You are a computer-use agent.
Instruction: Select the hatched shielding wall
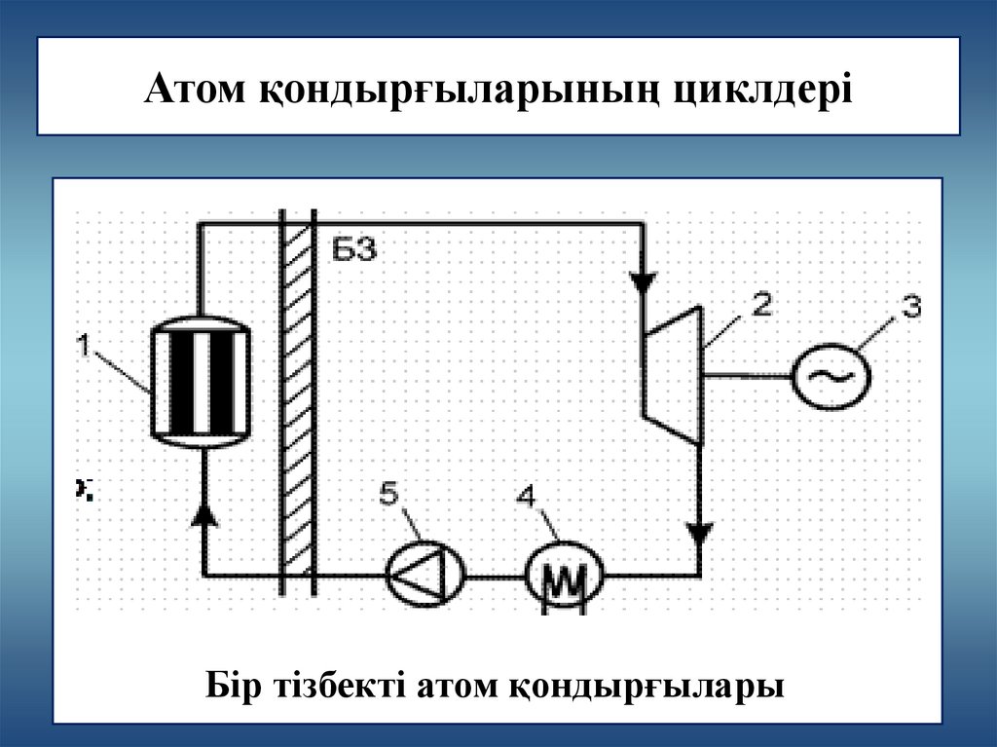[x=297, y=399]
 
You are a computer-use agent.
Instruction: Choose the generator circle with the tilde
[x=831, y=375]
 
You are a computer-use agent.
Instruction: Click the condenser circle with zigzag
[x=565, y=575]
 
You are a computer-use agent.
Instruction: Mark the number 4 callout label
[x=526, y=498]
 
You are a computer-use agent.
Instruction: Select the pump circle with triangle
[x=425, y=574]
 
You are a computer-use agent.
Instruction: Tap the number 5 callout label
[x=388, y=494]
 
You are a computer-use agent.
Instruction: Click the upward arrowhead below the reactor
[x=203, y=514]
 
